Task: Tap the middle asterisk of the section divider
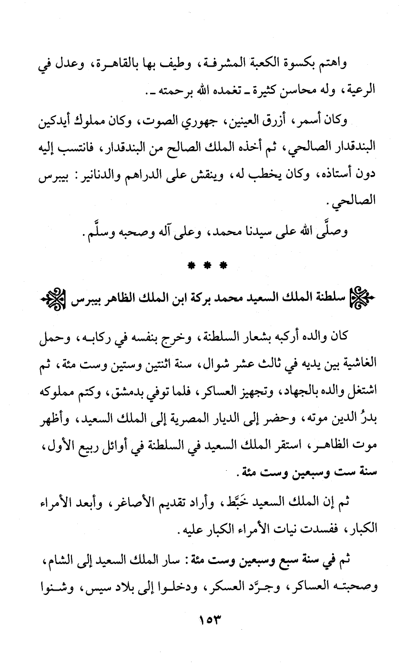point(208,264)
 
